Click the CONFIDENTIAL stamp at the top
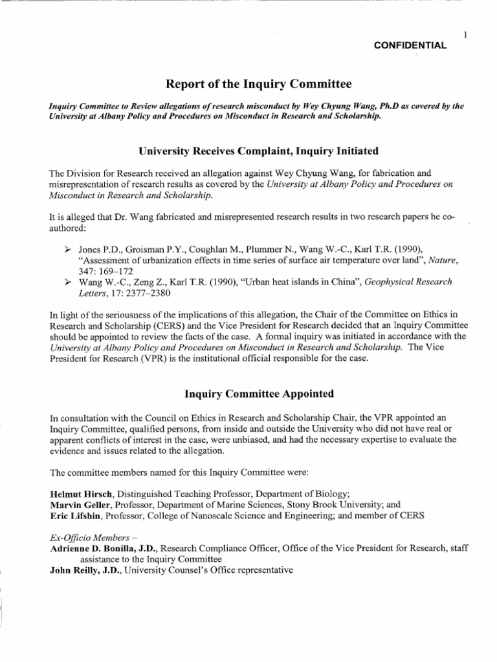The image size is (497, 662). pos(411,45)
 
